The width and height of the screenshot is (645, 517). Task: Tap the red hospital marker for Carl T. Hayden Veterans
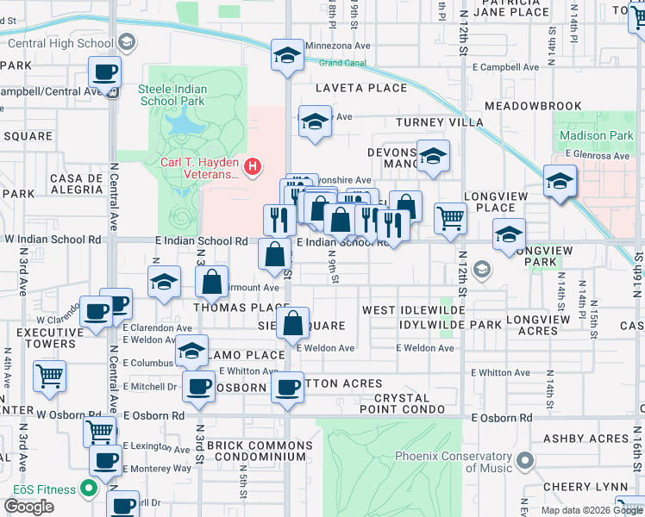click(253, 165)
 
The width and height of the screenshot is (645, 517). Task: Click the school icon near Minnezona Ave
click(288, 55)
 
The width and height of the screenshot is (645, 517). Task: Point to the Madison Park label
click(596, 136)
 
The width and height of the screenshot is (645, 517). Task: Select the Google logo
click(29, 507)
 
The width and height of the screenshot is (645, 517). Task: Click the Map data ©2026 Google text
click(591, 510)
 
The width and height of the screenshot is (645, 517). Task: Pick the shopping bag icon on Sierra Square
click(293, 324)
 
